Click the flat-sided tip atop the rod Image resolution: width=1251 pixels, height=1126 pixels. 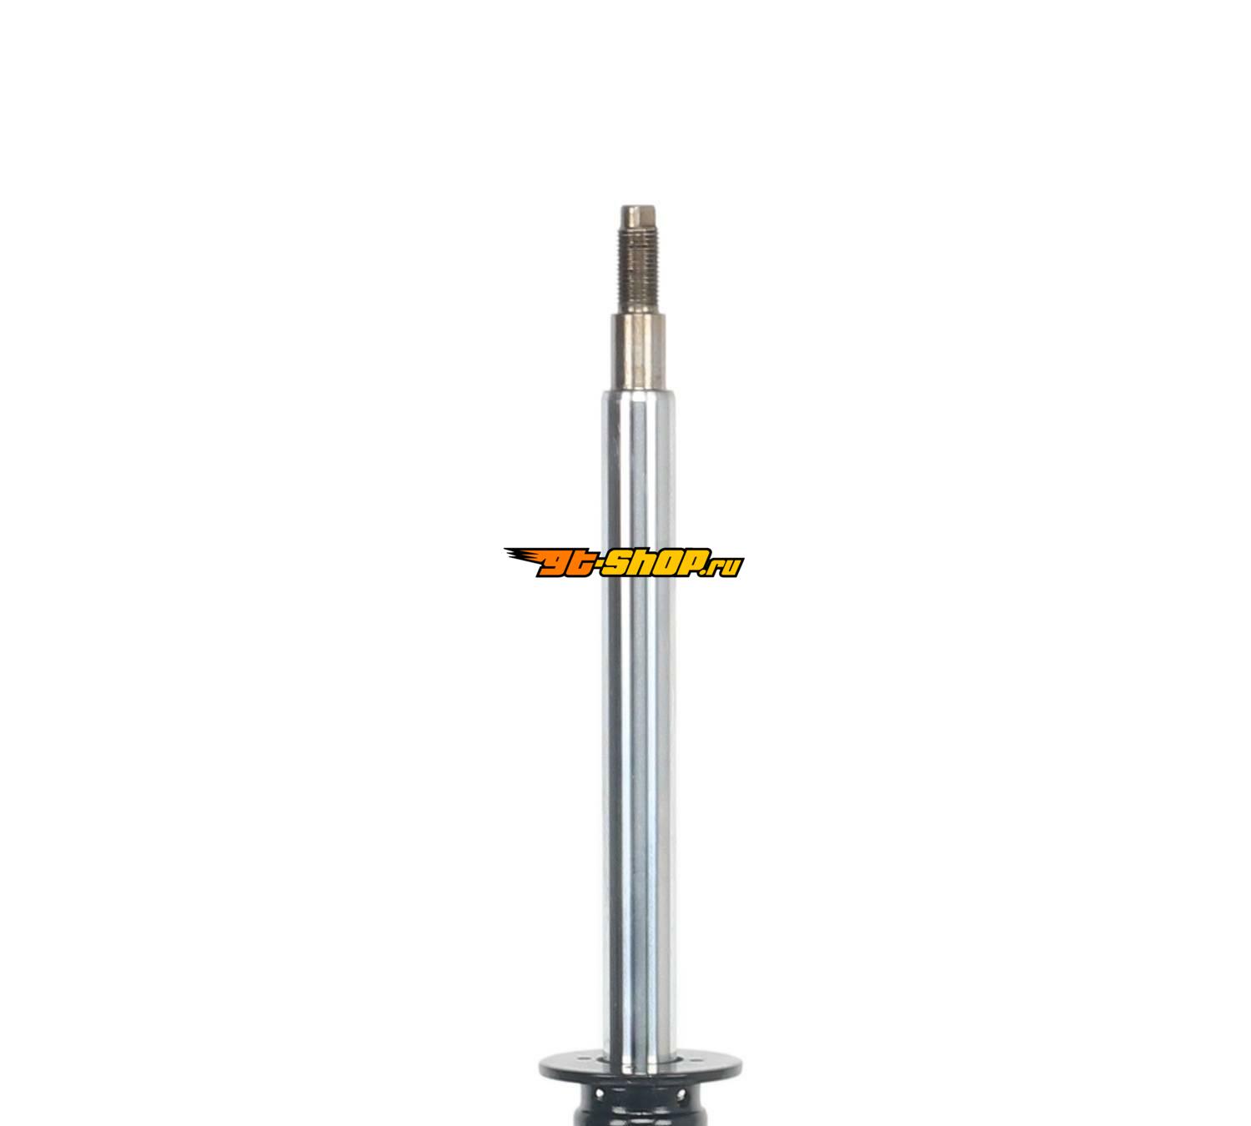638,216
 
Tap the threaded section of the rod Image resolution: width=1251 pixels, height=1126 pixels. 638,269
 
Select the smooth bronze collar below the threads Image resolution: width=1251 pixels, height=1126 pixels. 638,353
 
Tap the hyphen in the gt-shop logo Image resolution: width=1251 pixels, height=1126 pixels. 600,562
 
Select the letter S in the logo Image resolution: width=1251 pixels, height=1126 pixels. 620,563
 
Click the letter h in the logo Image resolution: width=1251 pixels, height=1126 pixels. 647,563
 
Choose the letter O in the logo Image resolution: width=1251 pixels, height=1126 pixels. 673,563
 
